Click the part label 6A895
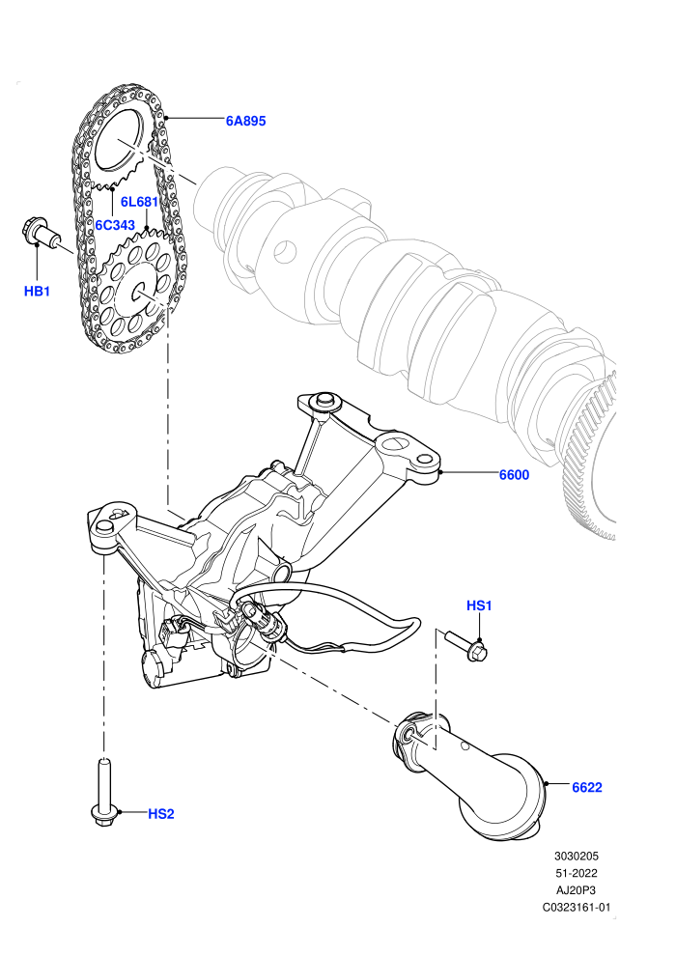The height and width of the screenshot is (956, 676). pyautogui.click(x=245, y=121)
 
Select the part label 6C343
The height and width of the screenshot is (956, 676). pyautogui.click(x=115, y=225)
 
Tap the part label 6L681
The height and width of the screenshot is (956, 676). pyautogui.click(x=139, y=202)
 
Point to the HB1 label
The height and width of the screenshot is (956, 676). pyautogui.click(x=37, y=292)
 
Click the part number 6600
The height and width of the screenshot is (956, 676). pyautogui.click(x=514, y=475)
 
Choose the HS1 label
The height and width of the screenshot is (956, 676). pyautogui.click(x=479, y=605)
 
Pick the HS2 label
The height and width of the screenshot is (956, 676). pyautogui.click(x=161, y=814)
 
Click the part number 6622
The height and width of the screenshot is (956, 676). pyautogui.click(x=586, y=788)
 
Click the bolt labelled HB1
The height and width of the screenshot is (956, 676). pyautogui.click(x=42, y=233)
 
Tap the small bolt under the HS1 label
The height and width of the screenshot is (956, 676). pyautogui.click(x=466, y=646)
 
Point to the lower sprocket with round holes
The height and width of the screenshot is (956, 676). pyautogui.click(x=137, y=286)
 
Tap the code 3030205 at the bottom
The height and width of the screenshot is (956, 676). pyautogui.click(x=576, y=856)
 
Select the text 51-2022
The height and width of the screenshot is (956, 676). pyautogui.click(x=576, y=873)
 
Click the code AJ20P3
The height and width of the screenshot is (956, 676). pyautogui.click(x=576, y=890)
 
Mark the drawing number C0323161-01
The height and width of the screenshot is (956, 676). pyautogui.click(x=576, y=908)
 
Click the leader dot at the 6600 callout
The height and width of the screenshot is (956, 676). pyautogui.click(x=440, y=472)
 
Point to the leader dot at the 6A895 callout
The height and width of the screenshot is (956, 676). pyautogui.click(x=166, y=117)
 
